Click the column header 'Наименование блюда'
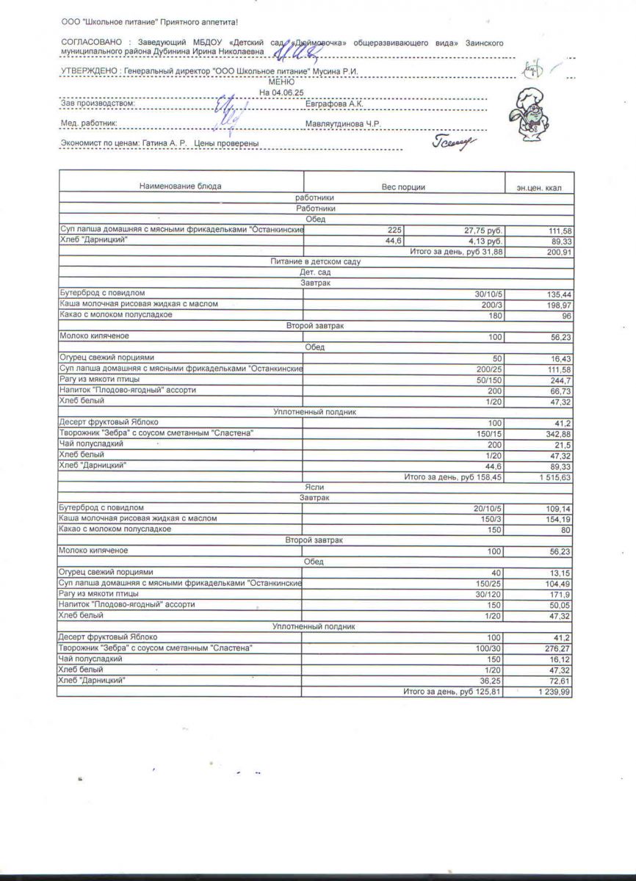tap(180, 186)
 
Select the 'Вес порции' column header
tap(402, 187)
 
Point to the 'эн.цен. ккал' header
tap(539, 188)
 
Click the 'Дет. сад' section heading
tap(315, 272)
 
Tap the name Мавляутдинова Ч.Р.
tap(342, 123)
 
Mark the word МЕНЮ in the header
tap(282, 83)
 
